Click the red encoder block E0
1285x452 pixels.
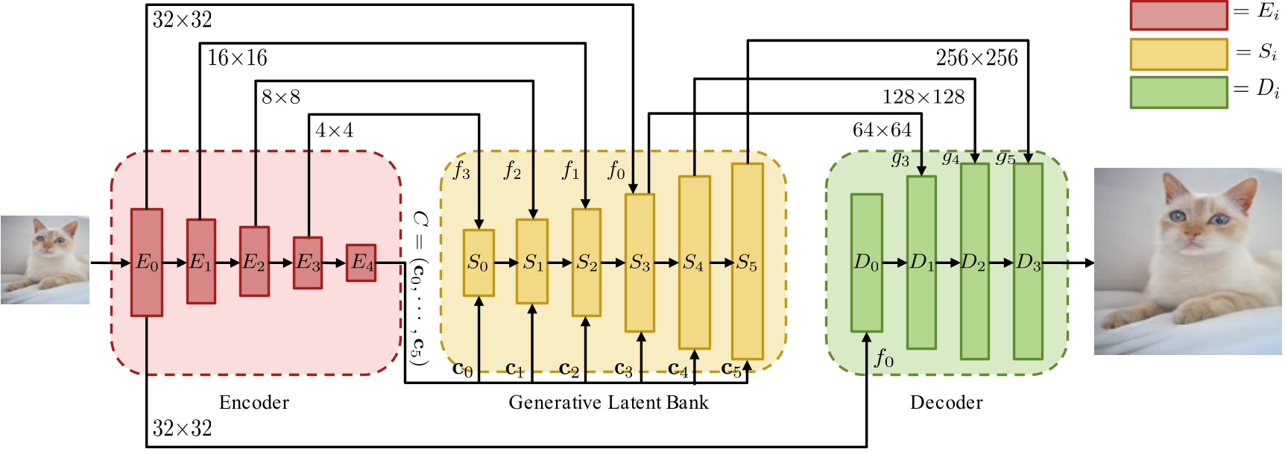click(x=147, y=262)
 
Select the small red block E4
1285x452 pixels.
click(x=361, y=263)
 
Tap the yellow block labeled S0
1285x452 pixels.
click(x=479, y=263)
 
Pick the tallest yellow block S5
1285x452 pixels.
click(x=747, y=262)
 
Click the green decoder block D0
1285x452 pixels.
click(x=867, y=263)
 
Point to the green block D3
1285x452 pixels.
click(x=1028, y=262)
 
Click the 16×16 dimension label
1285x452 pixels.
click(x=237, y=58)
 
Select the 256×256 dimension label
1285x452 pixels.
click(x=976, y=58)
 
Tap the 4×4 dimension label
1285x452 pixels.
click(x=334, y=131)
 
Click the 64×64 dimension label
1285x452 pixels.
click(x=882, y=131)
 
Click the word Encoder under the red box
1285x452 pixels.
click(x=254, y=403)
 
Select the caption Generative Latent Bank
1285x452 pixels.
click(x=608, y=403)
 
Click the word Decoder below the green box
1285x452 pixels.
click(x=946, y=403)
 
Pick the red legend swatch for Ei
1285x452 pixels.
click(x=1178, y=16)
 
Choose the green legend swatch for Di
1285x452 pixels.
click(x=1178, y=92)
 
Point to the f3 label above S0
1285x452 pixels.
click(x=461, y=171)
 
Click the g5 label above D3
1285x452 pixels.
click(x=1005, y=157)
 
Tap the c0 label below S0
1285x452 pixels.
click(x=462, y=368)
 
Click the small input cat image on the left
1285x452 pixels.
click(x=45, y=260)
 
